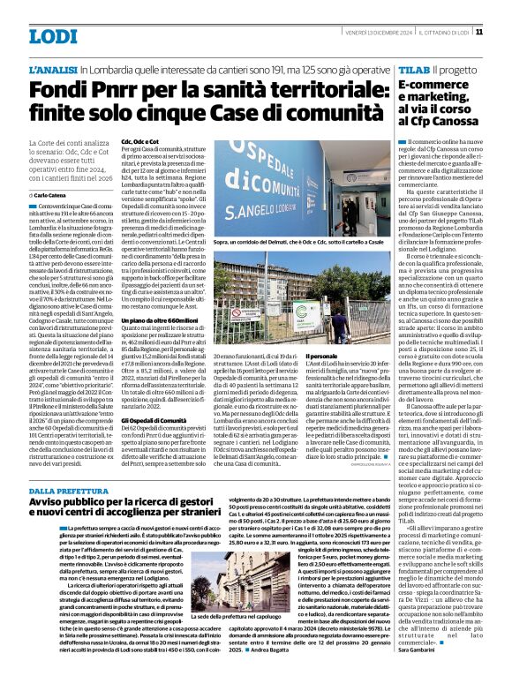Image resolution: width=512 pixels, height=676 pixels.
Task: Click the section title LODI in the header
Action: (54, 36)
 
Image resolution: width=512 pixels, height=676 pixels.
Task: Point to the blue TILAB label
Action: (412, 69)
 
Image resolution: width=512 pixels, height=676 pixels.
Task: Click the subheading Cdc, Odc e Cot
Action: (139, 141)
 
